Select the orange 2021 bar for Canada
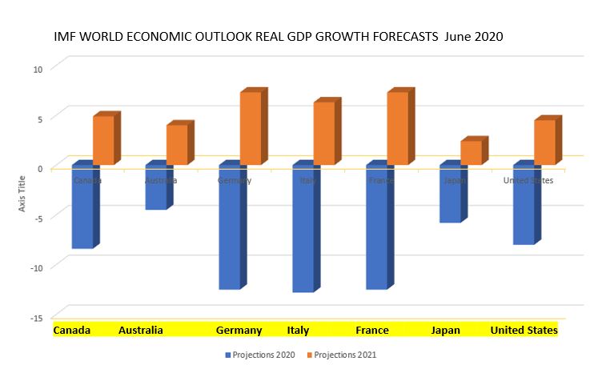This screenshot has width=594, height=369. (x=103, y=141)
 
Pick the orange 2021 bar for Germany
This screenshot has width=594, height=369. (x=251, y=129)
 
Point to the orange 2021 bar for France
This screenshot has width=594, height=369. (x=398, y=129)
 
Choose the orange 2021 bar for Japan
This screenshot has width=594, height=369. (x=472, y=153)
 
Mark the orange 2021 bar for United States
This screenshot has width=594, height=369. (x=545, y=142)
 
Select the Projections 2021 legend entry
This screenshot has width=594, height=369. (x=345, y=354)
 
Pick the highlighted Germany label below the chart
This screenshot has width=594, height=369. (x=239, y=331)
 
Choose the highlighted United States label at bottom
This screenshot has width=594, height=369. (x=524, y=331)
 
